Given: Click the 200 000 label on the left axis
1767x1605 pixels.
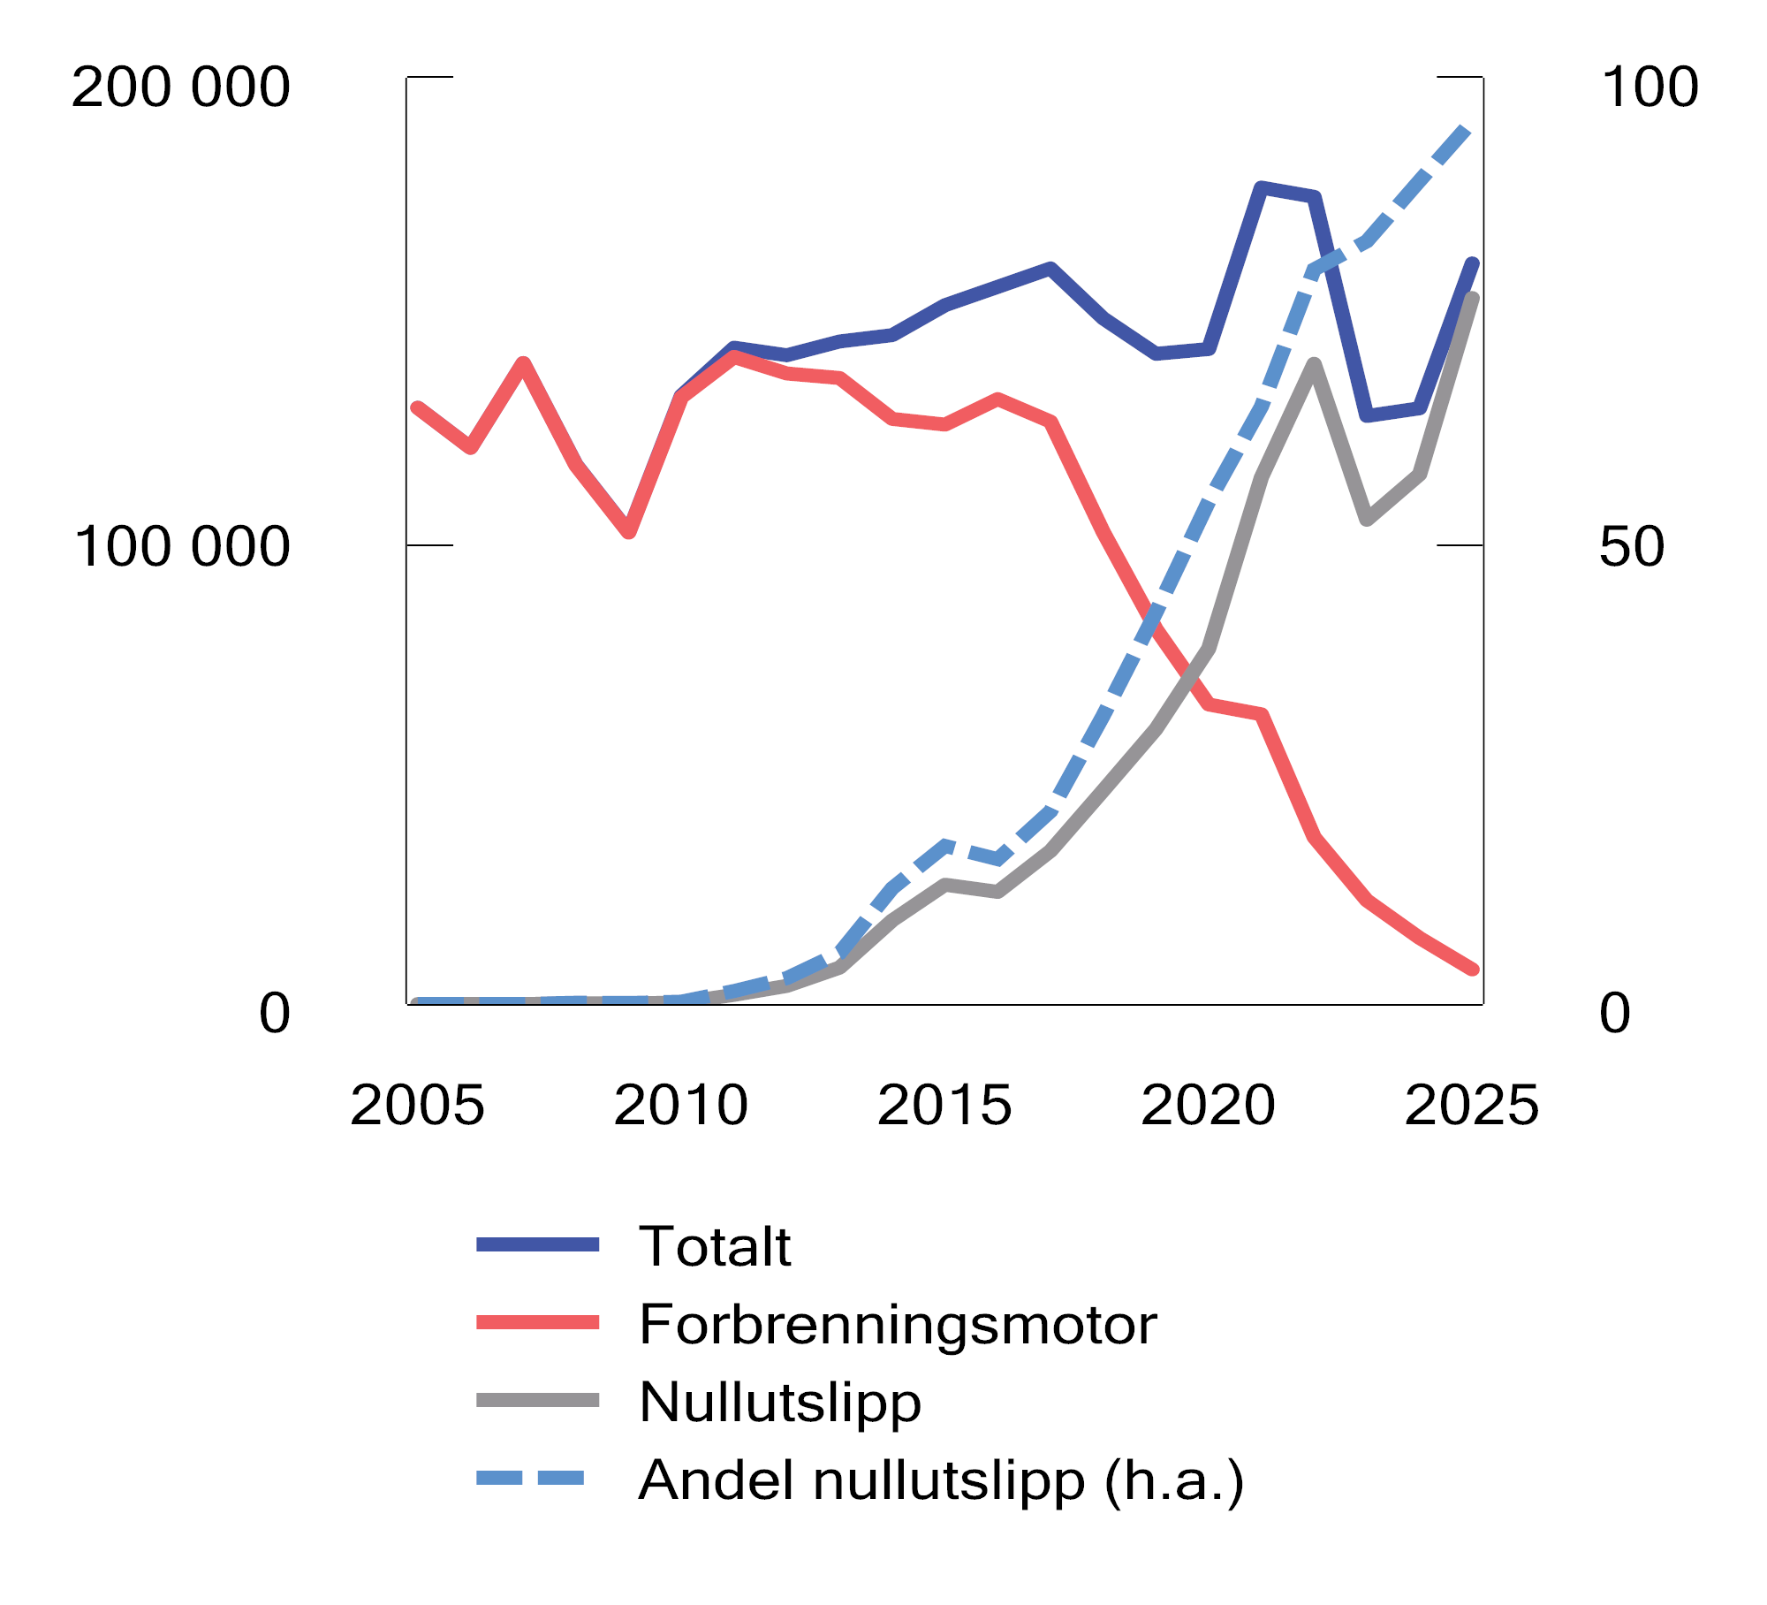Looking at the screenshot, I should [180, 87].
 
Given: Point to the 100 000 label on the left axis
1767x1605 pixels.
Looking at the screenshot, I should [182, 546].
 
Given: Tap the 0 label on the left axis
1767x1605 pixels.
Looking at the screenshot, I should [274, 1013].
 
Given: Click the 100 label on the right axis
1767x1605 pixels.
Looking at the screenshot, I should [1649, 87].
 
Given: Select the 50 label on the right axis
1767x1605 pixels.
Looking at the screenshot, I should [1631, 546].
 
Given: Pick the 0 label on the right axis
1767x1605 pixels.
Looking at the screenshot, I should [1614, 1013].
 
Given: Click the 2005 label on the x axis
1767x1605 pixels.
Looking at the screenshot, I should [417, 1105].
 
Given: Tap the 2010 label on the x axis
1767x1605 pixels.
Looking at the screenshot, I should [680, 1105].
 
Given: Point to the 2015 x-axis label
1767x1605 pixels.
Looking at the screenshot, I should [944, 1105].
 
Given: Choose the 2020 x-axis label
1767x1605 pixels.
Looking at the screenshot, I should [1208, 1105].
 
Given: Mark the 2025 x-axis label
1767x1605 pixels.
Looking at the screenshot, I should [1471, 1105].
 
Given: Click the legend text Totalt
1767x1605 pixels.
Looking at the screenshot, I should [714, 1246].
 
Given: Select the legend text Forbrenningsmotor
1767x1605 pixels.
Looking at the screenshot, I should [897, 1324].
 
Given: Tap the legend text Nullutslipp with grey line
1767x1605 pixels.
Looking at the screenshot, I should [779, 1402].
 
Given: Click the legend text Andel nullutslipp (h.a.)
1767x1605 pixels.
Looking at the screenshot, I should [941, 1480].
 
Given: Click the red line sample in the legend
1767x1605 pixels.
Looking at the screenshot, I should [537, 1322].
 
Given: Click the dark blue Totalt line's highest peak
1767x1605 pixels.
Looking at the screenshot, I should [1262, 187].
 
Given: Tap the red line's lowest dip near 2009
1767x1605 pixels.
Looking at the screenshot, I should [628, 532].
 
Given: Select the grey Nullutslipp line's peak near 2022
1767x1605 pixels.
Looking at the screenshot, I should [1315, 364].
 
